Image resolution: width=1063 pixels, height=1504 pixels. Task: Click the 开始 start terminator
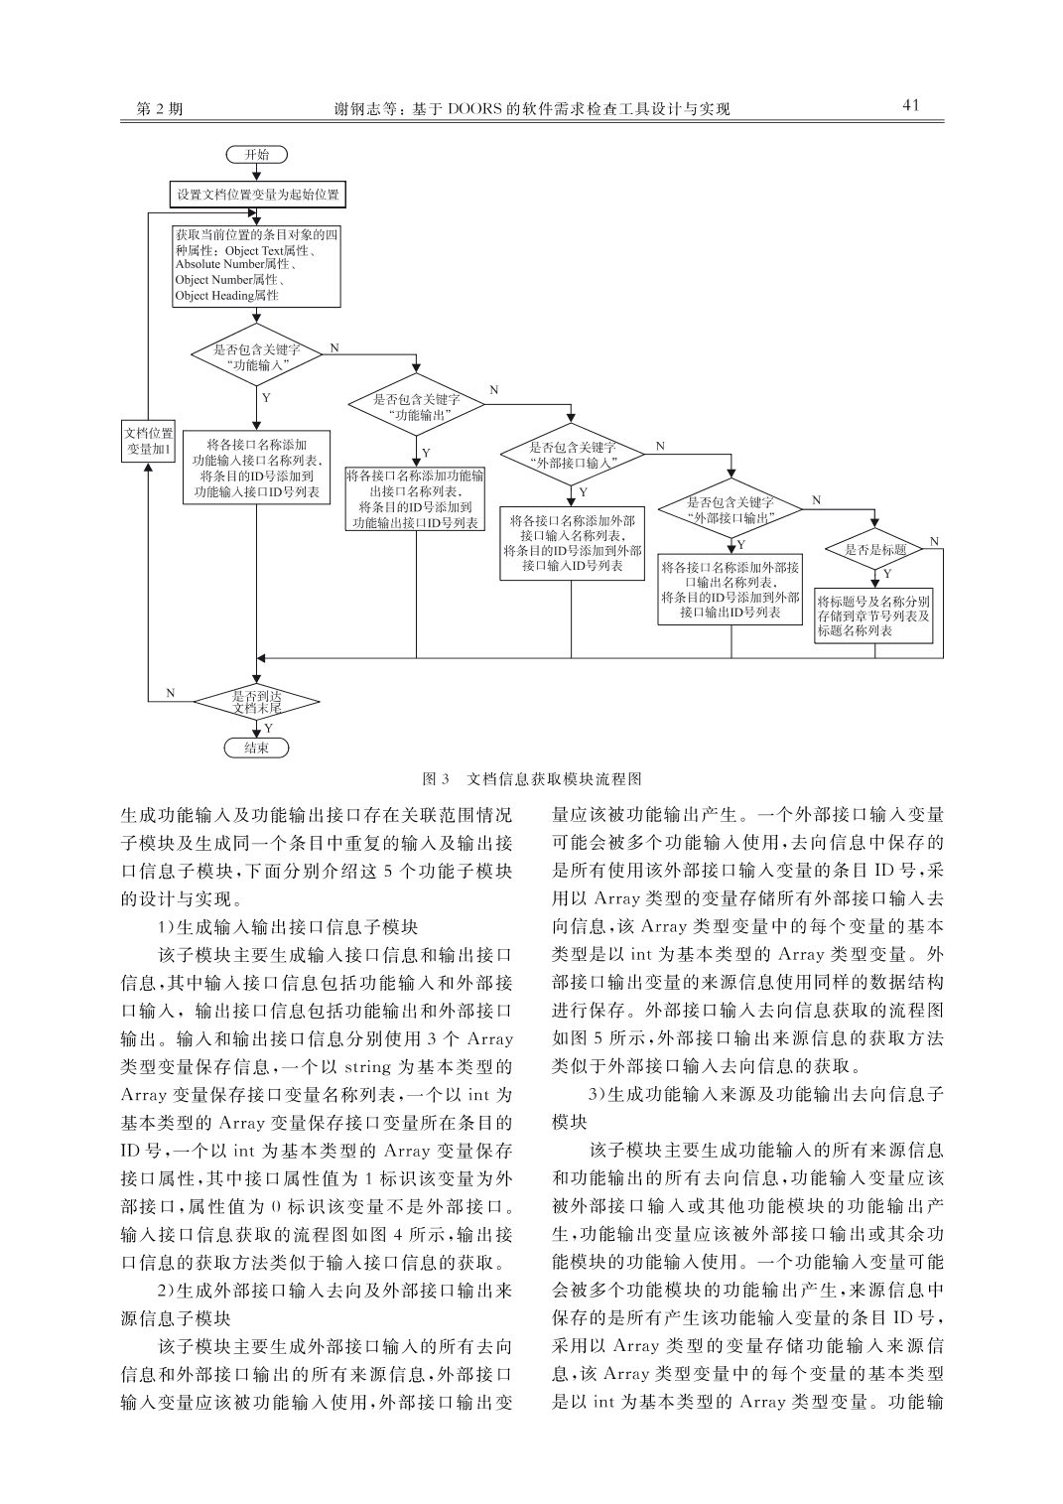point(256,155)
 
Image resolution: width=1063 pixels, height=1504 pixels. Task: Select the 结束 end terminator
point(256,748)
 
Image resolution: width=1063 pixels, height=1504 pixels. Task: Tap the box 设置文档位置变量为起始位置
point(258,196)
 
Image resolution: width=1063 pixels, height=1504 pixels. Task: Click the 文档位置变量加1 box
point(149,441)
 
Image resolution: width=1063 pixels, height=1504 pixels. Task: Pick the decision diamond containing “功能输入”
point(257,355)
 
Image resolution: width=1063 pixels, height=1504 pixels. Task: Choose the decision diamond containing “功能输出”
point(416,406)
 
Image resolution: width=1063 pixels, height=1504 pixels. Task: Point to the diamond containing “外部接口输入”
point(572,455)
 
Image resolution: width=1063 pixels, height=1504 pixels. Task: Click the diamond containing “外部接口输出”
point(731,509)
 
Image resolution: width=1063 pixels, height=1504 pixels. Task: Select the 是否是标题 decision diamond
point(874,549)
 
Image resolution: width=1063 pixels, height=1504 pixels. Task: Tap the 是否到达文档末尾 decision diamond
point(256,702)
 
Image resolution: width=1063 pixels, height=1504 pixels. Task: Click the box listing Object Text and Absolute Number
point(256,266)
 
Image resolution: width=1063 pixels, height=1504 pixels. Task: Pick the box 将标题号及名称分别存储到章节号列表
point(873,615)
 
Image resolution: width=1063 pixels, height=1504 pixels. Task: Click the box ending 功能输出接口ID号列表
point(416,499)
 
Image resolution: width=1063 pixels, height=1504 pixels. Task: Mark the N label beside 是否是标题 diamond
point(934,541)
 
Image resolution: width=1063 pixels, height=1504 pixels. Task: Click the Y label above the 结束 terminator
point(268,728)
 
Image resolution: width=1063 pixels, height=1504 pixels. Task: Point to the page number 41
point(911,105)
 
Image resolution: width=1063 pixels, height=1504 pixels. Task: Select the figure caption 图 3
point(436,779)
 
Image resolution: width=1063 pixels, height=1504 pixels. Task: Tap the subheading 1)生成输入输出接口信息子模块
point(288,927)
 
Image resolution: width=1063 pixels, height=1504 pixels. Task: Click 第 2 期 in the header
point(159,108)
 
